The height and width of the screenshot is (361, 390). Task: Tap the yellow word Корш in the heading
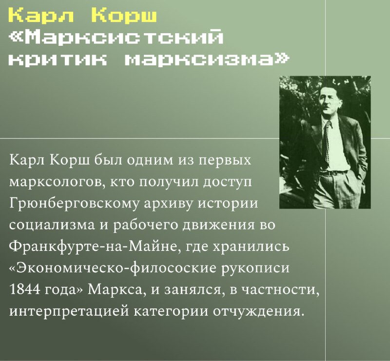click(x=124, y=16)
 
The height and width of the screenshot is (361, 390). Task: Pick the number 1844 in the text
click(x=25, y=290)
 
